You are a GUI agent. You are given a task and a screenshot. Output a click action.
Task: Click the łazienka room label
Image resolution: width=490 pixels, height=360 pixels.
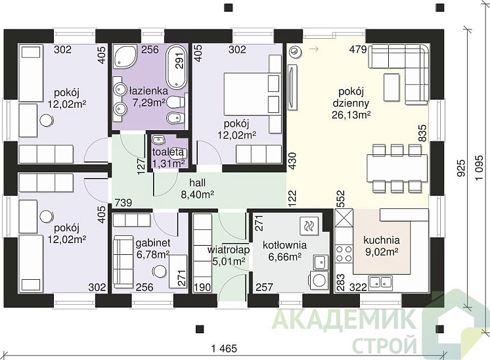tap(148, 91)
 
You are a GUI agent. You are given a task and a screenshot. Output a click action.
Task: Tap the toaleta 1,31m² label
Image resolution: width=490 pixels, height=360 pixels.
tap(168, 158)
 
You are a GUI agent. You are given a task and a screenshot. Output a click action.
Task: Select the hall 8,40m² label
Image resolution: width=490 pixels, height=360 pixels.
tap(198, 189)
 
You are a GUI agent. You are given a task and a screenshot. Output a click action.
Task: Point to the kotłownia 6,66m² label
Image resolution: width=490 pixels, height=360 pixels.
tap(284, 251)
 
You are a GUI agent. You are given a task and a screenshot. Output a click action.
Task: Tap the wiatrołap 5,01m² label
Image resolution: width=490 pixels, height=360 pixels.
tap(229, 256)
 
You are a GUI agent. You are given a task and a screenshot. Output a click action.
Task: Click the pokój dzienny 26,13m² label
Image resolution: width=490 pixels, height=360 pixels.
tap(351, 103)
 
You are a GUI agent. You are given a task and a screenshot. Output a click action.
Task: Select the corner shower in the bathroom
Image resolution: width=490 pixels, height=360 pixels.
tap(124, 56)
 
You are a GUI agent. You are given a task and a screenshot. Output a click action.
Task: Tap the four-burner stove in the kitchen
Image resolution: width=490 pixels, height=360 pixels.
tap(344, 254)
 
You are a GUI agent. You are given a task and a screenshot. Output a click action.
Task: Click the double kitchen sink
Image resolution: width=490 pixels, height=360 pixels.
tap(380, 282)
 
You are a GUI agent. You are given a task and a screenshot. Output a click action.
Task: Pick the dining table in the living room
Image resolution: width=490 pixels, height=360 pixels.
tap(397, 168)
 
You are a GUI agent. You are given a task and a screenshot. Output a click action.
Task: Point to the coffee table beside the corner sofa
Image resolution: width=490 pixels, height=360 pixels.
tap(391, 87)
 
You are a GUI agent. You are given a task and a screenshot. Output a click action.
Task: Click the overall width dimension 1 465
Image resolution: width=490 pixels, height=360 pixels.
tap(224, 348)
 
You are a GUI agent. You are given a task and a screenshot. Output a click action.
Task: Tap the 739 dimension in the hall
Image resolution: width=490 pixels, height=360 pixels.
tap(123, 202)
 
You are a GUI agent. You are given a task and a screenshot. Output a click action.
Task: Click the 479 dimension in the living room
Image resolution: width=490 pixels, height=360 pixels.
tap(358, 49)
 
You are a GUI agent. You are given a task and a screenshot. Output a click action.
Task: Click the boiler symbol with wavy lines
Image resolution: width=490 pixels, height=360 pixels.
tap(309, 225)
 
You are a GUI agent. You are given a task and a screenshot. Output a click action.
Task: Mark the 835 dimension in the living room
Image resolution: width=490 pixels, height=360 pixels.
tap(422, 133)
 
